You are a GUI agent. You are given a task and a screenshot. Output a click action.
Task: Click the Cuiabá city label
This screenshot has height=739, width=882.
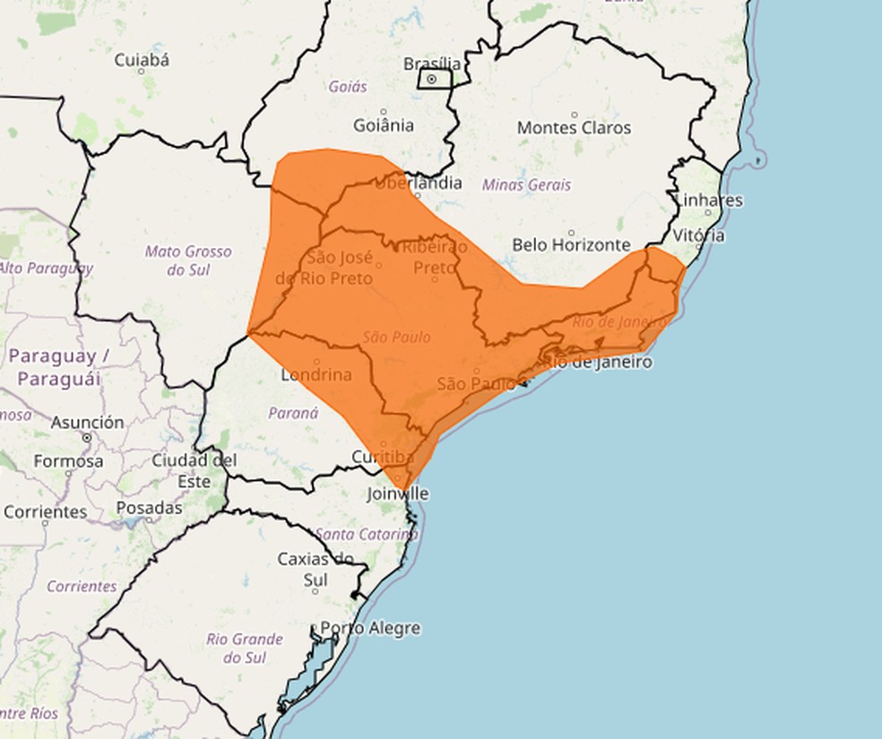click(x=142, y=61)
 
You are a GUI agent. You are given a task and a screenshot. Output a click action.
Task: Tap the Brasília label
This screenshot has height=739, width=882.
click(x=433, y=64)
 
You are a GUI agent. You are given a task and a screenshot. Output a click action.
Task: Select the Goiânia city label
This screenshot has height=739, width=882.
click(x=384, y=125)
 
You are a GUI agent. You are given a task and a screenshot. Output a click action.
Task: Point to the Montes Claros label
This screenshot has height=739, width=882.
click(x=574, y=128)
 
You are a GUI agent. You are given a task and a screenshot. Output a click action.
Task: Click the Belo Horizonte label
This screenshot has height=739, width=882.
click(x=571, y=245)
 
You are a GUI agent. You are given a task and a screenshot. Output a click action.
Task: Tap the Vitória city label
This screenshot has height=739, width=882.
click(x=698, y=236)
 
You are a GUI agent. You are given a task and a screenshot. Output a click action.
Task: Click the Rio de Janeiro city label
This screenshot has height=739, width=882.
click(x=597, y=362)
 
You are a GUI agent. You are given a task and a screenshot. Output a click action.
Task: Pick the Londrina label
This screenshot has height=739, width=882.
click(x=316, y=374)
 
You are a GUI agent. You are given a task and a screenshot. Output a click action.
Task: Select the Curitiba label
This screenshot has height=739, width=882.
click(x=383, y=458)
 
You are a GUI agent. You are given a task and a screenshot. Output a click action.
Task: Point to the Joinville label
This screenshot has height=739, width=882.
click(x=398, y=494)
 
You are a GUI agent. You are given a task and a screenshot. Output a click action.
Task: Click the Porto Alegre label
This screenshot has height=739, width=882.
click(x=370, y=628)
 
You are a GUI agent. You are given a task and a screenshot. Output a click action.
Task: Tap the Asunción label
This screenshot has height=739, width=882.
click(x=87, y=422)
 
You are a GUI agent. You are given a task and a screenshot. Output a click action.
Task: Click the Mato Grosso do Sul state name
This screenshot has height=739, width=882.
click(x=188, y=260)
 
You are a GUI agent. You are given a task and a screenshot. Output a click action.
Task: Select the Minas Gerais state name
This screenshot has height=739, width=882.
click(x=526, y=185)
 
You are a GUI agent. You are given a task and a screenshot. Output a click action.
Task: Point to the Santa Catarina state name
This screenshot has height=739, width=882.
click(x=367, y=534)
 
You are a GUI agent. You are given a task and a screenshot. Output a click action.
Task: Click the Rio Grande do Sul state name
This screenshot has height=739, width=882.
click(x=245, y=648)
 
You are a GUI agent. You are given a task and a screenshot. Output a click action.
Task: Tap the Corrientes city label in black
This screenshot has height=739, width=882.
click(x=45, y=512)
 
